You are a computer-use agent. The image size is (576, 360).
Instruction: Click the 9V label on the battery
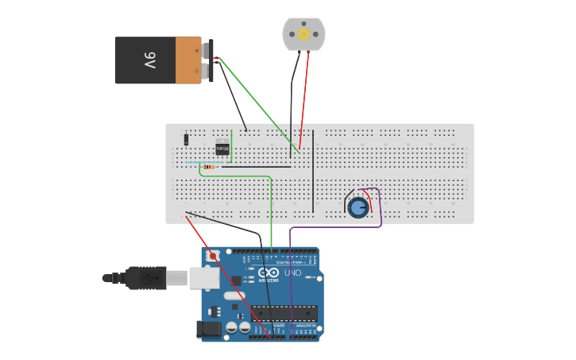point(148,60)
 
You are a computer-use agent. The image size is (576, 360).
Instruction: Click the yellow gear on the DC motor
point(303,34)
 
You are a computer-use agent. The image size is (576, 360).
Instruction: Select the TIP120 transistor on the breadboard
point(222,148)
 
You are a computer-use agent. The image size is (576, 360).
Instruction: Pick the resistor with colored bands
point(209,167)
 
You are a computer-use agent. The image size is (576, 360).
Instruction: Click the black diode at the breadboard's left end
point(186,139)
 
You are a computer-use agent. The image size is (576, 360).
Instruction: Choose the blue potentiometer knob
point(358,207)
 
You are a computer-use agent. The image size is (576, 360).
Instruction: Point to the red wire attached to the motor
point(307,95)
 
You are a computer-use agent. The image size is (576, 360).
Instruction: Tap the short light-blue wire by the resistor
point(193,162)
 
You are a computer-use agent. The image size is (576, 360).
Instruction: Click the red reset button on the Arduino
point(213,257)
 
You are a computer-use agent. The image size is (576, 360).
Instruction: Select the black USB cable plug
point(147,278)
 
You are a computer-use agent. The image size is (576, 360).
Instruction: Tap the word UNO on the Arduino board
point(293,273)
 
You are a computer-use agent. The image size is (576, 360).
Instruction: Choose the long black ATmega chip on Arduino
point(284,313)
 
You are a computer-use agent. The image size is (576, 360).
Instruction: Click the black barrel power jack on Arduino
point(209,329)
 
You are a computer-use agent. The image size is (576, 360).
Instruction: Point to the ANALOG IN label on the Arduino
point(304,325)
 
